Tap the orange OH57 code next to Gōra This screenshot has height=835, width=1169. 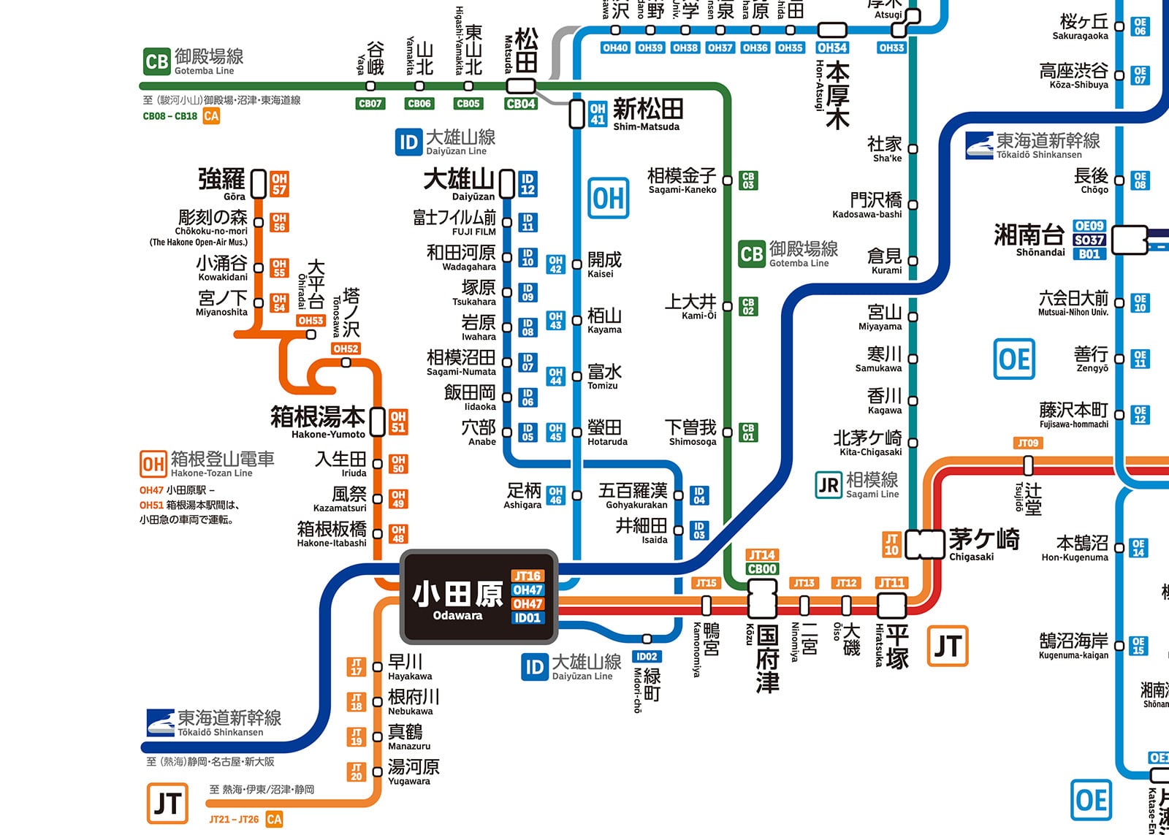point(279,184)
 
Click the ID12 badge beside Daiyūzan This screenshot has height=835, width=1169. point(528,184)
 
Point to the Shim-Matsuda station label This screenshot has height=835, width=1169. point(647,114)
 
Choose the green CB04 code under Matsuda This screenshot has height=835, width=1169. point(520,104)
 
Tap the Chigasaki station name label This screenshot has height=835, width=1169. point(983,544)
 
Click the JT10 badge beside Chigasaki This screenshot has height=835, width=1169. point(891,544)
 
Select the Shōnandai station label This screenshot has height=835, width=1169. point(1029,240)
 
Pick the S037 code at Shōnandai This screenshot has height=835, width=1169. point(1089,240)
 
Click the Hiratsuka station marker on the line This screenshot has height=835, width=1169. point(891,605)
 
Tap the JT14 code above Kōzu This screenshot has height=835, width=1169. point(762,555)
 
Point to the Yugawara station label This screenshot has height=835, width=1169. point(413,771)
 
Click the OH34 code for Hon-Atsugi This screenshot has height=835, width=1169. point(832,47)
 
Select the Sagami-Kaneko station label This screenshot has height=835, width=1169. point(682,180)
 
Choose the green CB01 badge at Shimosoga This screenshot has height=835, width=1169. point(747,432)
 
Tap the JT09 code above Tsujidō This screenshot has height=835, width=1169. point(1028,443)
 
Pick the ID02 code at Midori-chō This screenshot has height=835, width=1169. point(647,656)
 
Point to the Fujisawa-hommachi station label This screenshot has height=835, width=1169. point(1073,414)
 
